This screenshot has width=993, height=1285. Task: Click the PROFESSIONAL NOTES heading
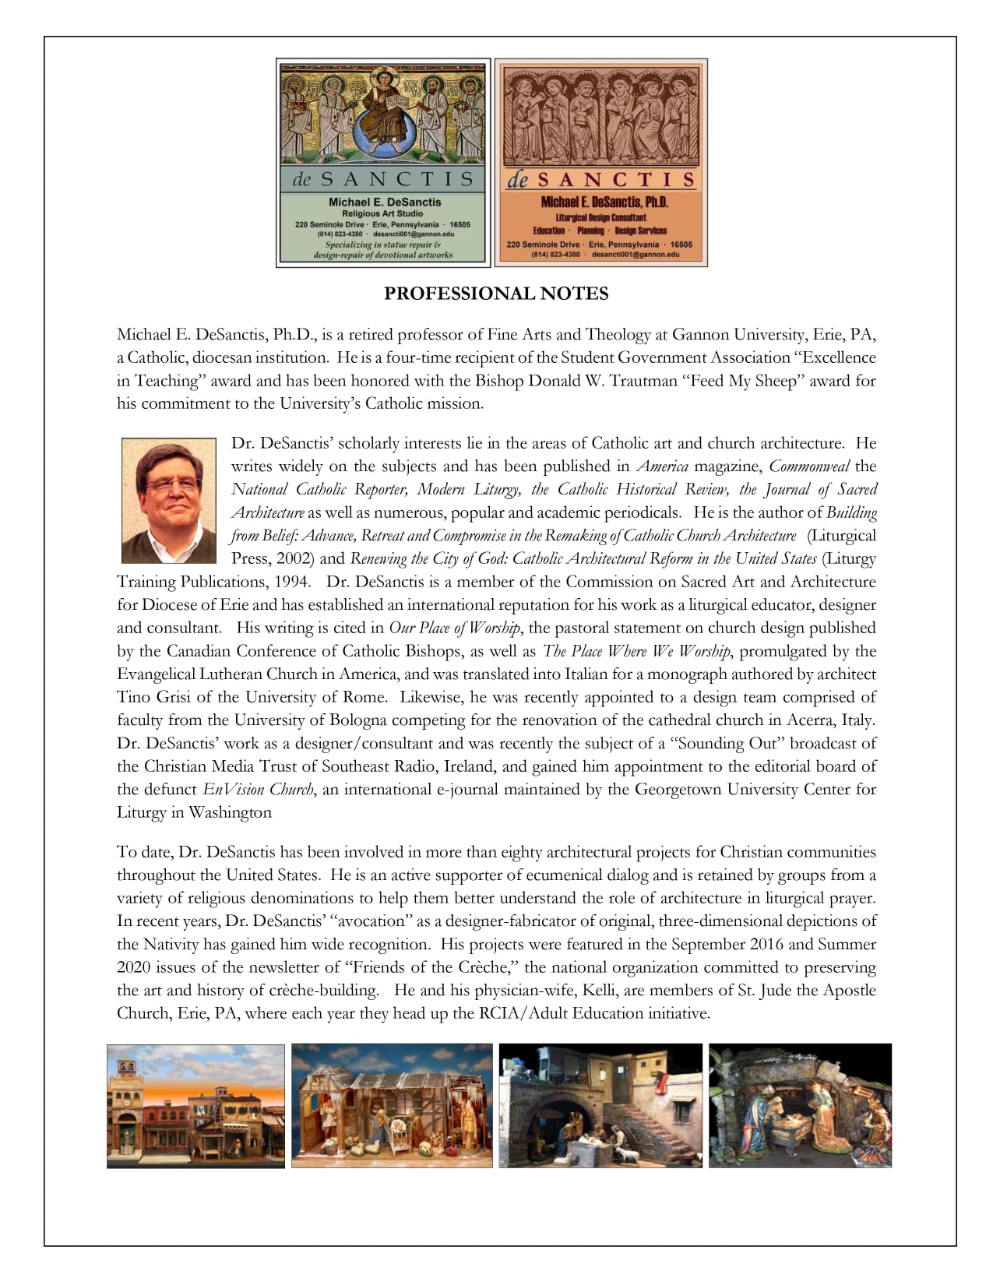[x=496, y=294]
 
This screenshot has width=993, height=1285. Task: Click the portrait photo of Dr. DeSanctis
[x=169, y=500]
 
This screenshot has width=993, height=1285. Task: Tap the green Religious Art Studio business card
[x=383, y=163]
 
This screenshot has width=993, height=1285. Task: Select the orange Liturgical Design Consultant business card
[x=600, y=163]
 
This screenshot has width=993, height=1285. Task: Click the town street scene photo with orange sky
[x=195, y=1106]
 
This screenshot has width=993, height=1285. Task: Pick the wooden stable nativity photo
[x=392, y=1106]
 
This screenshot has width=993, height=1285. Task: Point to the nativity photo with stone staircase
[x=600, y=1106]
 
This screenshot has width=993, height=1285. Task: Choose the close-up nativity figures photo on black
[x=800, y=1106]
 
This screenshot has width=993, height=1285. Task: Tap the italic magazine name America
[x=662, y=466]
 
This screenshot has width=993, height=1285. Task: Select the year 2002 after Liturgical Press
[x=297, y=559]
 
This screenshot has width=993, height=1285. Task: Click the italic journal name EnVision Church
[x=259, y=790]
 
